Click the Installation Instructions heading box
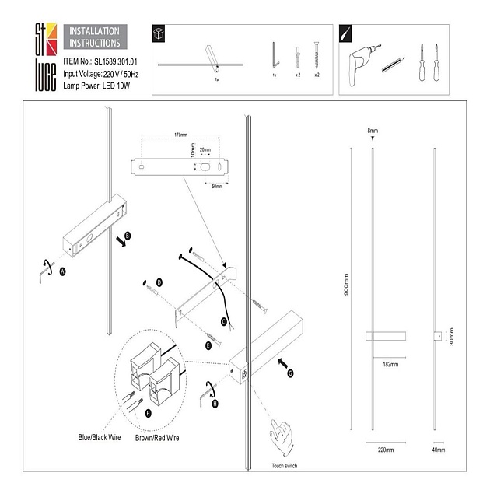point(95,37)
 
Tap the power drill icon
point(360,57)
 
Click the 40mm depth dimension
point(438,450)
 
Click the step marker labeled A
point(63,270)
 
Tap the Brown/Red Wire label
point(159,437)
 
